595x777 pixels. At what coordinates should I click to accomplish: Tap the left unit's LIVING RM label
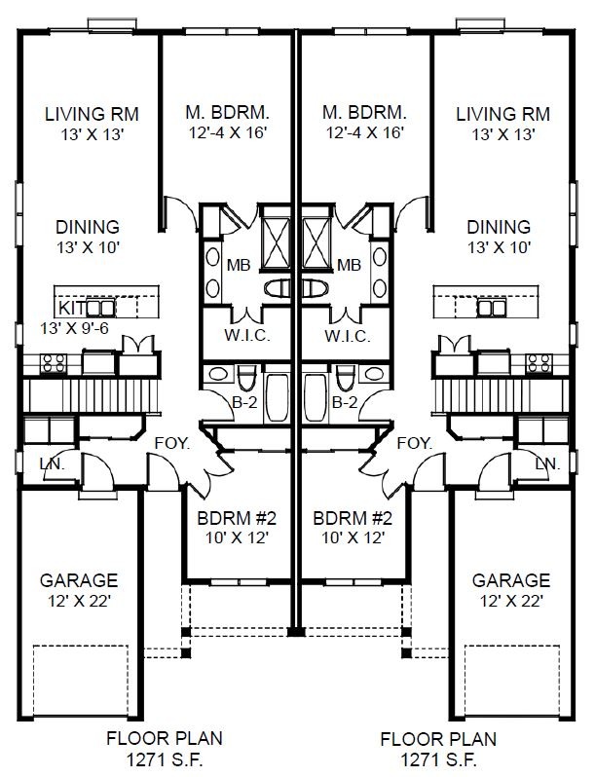(x=92, y=114)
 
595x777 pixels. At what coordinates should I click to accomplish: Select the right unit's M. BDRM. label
(x=364, y=113)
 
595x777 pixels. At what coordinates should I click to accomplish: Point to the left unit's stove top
(x=53, y=363)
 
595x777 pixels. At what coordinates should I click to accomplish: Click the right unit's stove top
(x=539, y=363)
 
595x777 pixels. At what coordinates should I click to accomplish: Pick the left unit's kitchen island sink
(x=101, y=308)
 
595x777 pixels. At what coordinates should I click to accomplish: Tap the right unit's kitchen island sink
(x=492, y=308)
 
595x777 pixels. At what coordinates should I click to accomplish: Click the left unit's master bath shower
(x=276, y=243)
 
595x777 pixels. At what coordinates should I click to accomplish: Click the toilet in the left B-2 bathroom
(x=245, y=379)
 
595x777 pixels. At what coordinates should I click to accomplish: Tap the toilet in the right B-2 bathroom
(x=345, y=379)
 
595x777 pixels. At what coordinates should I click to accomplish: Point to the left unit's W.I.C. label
(x=247, y=336)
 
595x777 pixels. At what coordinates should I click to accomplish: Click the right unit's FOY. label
(x=415, y=443)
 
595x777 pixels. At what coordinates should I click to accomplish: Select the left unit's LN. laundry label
(x=52, y=463)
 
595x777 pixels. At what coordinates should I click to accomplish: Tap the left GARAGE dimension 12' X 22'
(x=79, y=601)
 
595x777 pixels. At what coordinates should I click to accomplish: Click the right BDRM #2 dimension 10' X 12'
(x=353, y=537)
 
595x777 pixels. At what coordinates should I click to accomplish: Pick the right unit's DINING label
(x=499, y=227)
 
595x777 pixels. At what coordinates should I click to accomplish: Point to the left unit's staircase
(x=93, y=395)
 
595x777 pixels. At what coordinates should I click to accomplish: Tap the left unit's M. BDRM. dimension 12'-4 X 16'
(x=228, y=132)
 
